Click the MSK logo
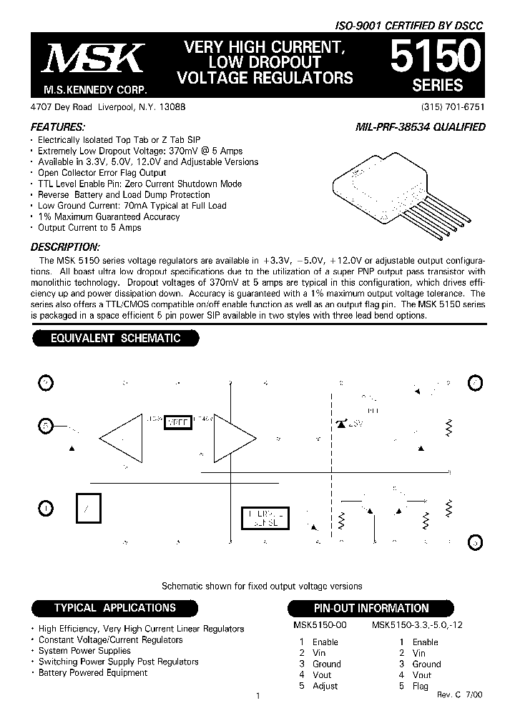point(93,60)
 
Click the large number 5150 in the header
point(431,56)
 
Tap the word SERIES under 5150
point(438,85)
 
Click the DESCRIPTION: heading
point(64,246)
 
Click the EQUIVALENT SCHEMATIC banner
point(115,339)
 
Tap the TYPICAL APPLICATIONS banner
point(115,608)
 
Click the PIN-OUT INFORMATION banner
point(371,608)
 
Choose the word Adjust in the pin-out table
point(325,686)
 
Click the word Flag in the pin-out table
point(421,686)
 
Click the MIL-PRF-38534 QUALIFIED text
point(421,127)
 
